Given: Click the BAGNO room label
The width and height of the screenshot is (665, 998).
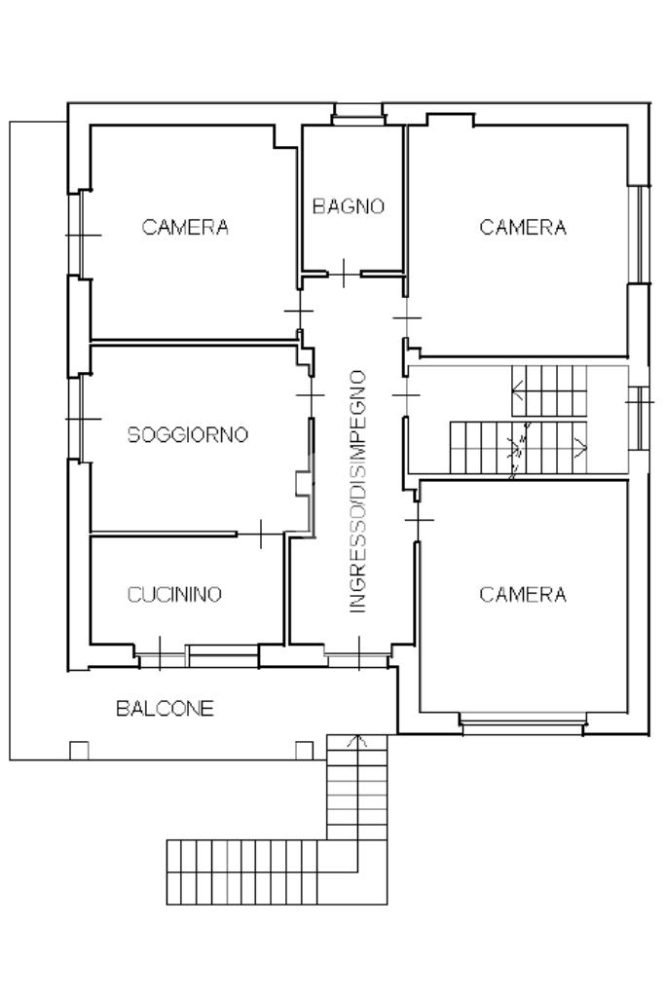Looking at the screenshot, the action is pyautogui.click(x=349, y=206).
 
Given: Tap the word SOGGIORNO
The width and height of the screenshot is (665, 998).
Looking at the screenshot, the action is pyautogui.click(x=188, y=434).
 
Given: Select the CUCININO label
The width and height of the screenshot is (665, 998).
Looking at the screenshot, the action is pyautogui.click(x=174, y=595).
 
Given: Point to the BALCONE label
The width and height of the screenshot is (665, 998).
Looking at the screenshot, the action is pyautogui.click(x=165, y=709).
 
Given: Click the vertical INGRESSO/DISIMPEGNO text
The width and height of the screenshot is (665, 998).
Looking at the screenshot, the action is pyautogui.click(x=358, y=492).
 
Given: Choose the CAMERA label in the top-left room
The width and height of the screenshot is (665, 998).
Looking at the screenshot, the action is pyautogui.click(x=185, y=227).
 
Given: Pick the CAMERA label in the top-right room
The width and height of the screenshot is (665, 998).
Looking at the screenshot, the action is pyautogui.click(x=523, y=227).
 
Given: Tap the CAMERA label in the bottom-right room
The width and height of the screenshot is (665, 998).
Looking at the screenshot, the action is pyautogui.click(x=523, y=595).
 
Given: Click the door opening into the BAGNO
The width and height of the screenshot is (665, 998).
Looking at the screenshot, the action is pyautogui.click(x=344, y=274).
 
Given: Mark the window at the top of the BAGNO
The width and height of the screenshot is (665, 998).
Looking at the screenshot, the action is pyautogui.click(x=358, y=115).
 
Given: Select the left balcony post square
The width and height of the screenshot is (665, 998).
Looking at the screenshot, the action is pyautogui.click(x=79, y=751).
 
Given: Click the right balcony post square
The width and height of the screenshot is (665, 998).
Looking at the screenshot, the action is pyautogui.click(x=304, y=751).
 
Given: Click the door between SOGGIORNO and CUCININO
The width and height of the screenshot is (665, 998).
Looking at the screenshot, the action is pyautogui.click(x=261, y=534).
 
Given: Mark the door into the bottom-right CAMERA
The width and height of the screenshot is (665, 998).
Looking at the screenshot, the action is pyautogui.click(x=418, y=521).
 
